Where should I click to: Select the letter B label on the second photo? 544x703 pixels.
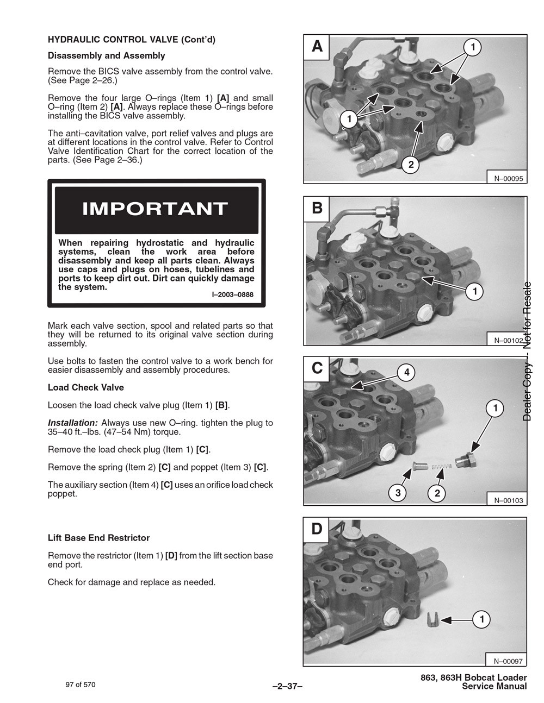[x=317, y=208]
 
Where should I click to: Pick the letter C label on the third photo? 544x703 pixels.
[x=317, y=368]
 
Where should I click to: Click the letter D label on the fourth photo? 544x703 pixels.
[x=317, y=529]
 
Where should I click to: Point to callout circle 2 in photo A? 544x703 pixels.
[x=411, y=165]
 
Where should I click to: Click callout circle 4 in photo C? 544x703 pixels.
[x=406, y=372]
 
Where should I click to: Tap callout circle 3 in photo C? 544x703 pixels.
[x=398, y=493]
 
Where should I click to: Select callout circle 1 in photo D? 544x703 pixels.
[x=481, y=619]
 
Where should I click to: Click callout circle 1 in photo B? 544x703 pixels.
[x=475, y=292]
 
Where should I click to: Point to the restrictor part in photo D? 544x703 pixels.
[x=431, y=620]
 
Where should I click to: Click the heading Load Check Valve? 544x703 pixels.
[x=85, y=387]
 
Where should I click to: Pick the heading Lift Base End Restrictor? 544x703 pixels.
[x=98, y=538]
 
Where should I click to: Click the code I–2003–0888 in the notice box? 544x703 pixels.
[x=232, y=295]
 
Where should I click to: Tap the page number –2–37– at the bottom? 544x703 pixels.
[x=287, y=686]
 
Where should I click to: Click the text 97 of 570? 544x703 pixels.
[x=80, y=685]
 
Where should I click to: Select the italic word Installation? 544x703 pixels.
[x=72, y=423]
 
